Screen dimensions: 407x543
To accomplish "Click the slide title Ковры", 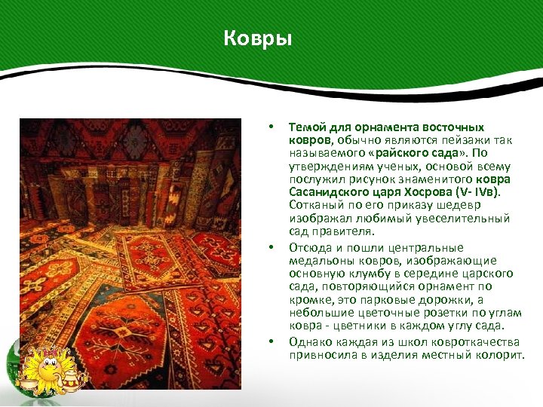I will point(257,38).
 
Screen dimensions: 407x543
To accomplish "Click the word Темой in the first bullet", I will point(305,127).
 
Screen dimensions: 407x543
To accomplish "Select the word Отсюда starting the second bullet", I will point(309,248).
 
